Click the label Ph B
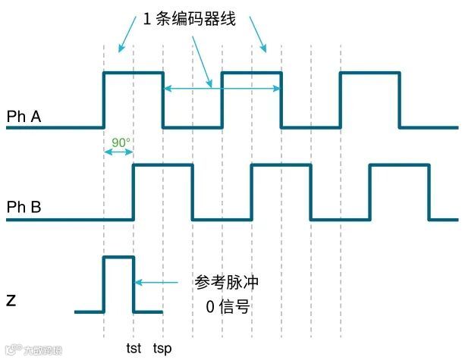point(24,206)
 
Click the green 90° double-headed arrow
point(118,152)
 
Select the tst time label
point(134,348)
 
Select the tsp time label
point(162,348)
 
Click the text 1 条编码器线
point(190,20)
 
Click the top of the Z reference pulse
point(118,258)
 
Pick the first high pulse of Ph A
point(133,73)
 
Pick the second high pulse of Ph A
point(251,73)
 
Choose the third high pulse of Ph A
point(369,73)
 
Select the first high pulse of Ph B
point(162,165)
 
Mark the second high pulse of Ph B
point(281,165)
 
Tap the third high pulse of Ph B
point(399,165)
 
